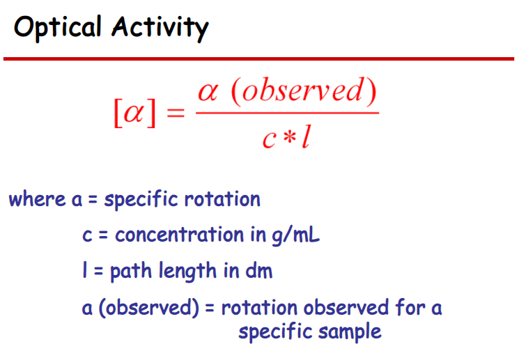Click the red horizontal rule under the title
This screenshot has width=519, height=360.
coord(259,59)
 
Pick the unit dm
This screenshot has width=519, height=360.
coord(256,271)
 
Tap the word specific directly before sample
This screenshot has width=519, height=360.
coord(275,331)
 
